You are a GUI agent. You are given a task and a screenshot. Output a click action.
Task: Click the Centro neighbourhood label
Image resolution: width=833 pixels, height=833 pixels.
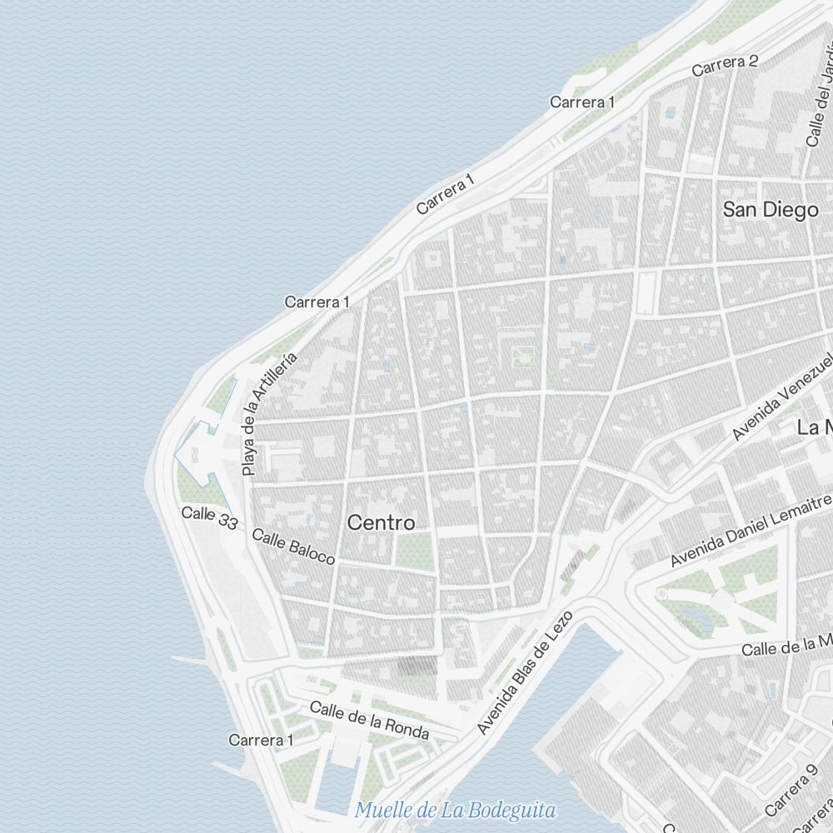(x=381, y=523)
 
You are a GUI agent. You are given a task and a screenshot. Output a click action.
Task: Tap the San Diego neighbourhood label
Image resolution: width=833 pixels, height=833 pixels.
(x=770, y=210)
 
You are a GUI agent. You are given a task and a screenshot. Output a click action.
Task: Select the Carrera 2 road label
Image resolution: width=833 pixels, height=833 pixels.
(x=725, y=64)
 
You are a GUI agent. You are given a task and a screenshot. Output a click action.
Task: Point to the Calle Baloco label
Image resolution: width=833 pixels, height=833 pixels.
(x=293, y=546)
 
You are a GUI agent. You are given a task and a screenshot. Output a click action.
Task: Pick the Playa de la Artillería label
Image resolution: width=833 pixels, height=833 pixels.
(x=268, y=413)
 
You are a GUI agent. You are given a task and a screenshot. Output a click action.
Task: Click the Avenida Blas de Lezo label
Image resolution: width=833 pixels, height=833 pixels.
(x=526, y=672)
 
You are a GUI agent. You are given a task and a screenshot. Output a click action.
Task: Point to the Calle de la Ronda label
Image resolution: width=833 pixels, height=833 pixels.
(x=369, y=721)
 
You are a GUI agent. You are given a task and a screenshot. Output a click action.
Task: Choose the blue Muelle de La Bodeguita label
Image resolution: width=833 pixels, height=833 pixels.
(x=455, y=810)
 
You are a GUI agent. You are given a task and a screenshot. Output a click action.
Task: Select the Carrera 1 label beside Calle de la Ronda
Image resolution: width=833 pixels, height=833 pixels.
(x=261, y=740)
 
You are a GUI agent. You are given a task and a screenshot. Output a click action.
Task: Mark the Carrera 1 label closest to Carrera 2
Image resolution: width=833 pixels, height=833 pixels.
(x=582, y=102)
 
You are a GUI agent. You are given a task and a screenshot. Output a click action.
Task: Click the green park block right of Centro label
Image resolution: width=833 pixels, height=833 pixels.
(x=414, y=551)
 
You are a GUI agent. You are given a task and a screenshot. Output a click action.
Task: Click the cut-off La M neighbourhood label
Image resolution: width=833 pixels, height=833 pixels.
(x=815, y=428)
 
